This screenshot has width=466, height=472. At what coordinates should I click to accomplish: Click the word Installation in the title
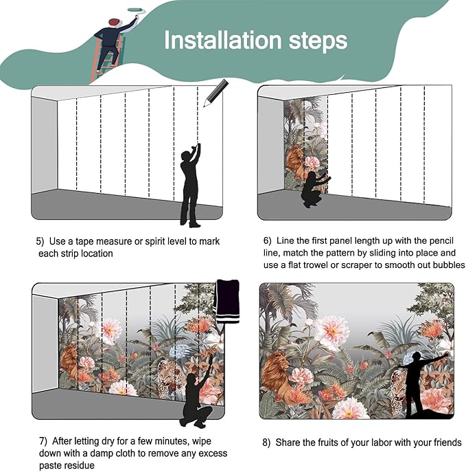223,39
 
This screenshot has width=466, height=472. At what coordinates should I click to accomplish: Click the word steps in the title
318,41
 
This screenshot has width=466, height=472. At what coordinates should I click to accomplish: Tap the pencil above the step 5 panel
216,93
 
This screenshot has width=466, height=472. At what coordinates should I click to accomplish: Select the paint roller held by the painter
136,10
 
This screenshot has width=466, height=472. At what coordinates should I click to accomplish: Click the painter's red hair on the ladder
114,22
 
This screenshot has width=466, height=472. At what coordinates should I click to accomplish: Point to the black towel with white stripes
228,301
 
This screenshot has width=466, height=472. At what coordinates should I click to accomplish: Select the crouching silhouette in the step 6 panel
314,189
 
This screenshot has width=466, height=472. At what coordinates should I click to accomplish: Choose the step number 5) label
40,241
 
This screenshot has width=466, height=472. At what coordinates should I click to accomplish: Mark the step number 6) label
268,241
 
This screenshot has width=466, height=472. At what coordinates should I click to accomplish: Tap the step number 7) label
43,441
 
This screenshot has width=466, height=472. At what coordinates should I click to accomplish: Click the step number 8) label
266,443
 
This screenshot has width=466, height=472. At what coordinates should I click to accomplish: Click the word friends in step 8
447,442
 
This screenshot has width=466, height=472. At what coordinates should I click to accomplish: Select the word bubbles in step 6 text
449,265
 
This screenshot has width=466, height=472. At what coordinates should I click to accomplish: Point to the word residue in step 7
80,465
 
